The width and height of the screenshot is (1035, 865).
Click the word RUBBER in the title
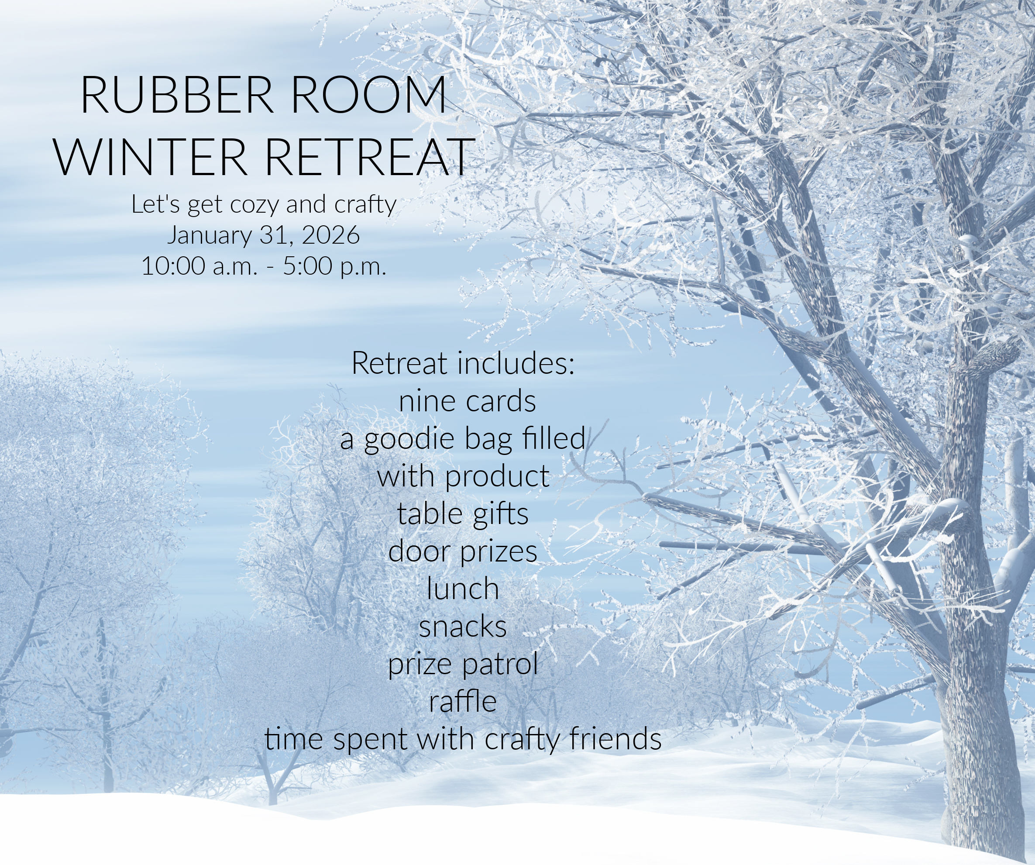coord(177,95)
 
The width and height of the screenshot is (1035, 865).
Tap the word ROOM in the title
coord(369,95)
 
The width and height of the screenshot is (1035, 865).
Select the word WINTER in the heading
coord(150,157)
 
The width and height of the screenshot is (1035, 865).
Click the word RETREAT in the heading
coord(368,157)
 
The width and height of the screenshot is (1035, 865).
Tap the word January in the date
coord(210,236)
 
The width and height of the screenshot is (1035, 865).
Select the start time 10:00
coord(173,266)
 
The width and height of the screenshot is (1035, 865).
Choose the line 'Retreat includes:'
coord(463,363)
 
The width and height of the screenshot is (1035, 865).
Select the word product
coord(497,477)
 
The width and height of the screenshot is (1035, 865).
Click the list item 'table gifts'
coord(463,514)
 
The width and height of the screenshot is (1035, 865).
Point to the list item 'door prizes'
coord(463,551)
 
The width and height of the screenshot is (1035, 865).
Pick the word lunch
coord(463,589)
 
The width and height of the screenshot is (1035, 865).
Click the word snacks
coord(463,627)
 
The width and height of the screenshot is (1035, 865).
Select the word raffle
coord(463,701)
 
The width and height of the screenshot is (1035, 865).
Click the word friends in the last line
coord(615,739)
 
